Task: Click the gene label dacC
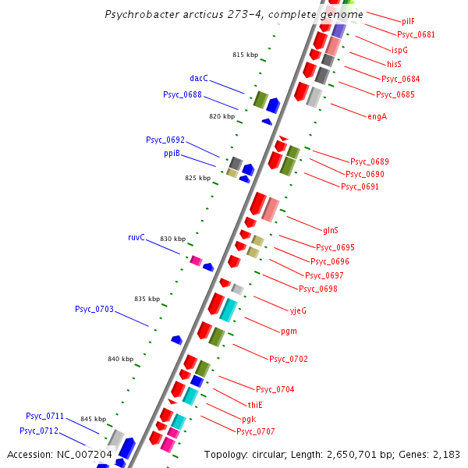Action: [x=198, y=78]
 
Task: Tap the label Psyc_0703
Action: [x=94, y=309]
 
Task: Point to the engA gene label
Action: [x=377, y=117]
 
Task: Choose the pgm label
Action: [x=289, y=331]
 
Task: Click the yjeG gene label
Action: [x=298, y=310]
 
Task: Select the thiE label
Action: [x=255, y=405]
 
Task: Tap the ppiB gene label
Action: [x=172, y=153]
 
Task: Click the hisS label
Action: [x=394, y=64]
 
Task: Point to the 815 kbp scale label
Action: [x=245, y=55]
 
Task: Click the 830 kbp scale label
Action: [x=172, y=239]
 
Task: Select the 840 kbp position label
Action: [x=120, y=359]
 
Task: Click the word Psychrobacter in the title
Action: [x=139, y=14]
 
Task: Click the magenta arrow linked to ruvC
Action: [x=197, y=261]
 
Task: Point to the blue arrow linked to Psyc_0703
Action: [x=177, y=340]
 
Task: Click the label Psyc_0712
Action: [x=39, y=431]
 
